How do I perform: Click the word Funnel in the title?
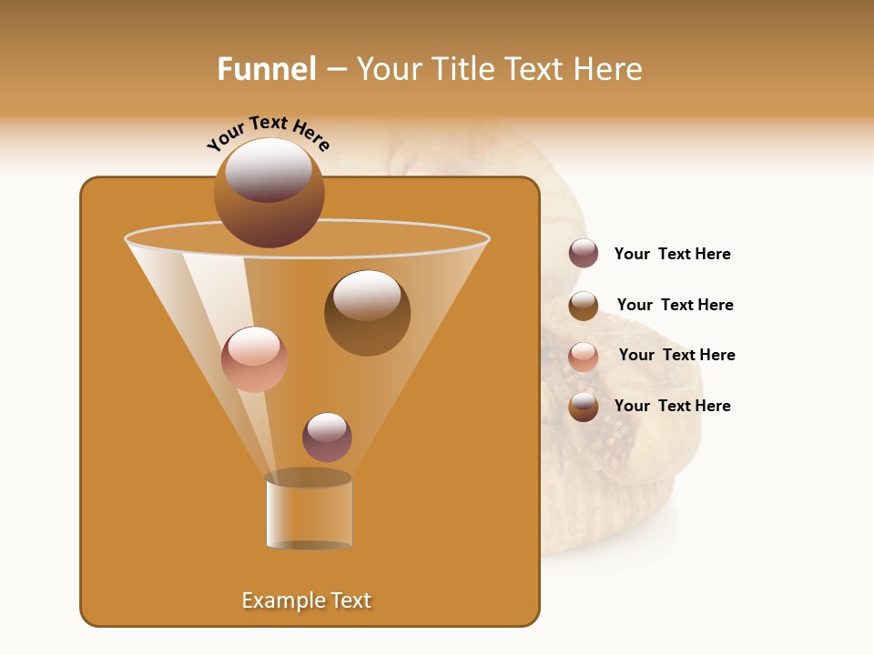(x=267, y=69)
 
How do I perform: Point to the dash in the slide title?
(x=336, y=70)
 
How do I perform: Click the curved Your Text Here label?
(x=269, y=134)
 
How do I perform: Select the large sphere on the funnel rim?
(x=269, y=192)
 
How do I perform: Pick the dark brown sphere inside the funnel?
(x=367, y=313)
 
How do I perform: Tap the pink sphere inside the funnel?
(x=254, y=359)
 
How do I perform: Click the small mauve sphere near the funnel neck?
(x=327, y=438)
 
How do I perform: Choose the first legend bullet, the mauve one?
(x=584, y=253)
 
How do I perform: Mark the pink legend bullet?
(x=584, y=357)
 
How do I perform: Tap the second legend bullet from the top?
(x=584, y=306)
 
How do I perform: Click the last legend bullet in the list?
(x=584, y=407)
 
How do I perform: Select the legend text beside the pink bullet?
(x=676, y=355)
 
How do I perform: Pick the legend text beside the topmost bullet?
(x=672, y=254)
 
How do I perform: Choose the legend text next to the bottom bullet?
(x=672, y=406)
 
